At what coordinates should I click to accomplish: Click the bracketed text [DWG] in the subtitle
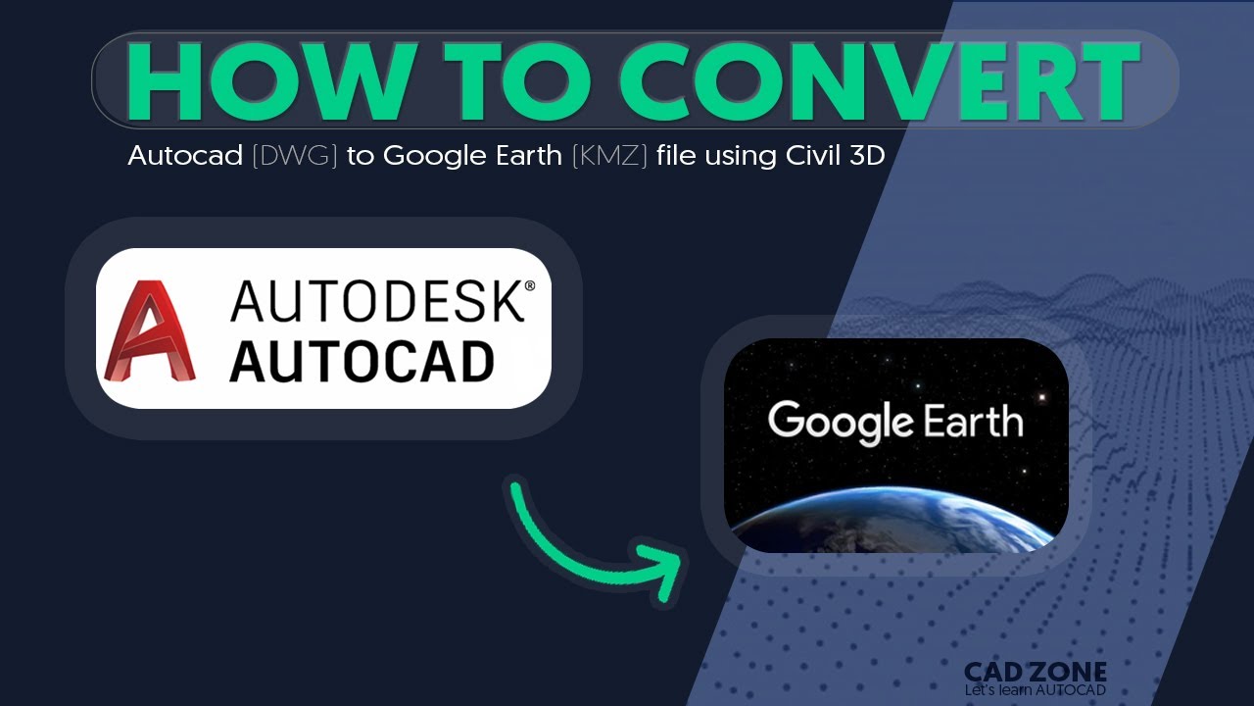(295, 156)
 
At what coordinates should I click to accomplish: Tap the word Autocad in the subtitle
(185, 156)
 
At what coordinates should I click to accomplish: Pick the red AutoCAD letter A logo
(150, 330)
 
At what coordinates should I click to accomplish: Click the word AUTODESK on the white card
(377, 302)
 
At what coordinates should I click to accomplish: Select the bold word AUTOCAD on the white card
(362, 362)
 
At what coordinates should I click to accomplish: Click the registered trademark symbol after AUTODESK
(530, 286)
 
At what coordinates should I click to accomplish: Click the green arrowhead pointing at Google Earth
(666, 568)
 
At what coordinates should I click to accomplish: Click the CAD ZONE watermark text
(1036, 673)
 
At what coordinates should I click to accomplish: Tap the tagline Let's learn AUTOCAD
(1036, 690)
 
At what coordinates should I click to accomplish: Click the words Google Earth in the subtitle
(474, 156)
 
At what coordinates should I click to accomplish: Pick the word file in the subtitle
(676, 156)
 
